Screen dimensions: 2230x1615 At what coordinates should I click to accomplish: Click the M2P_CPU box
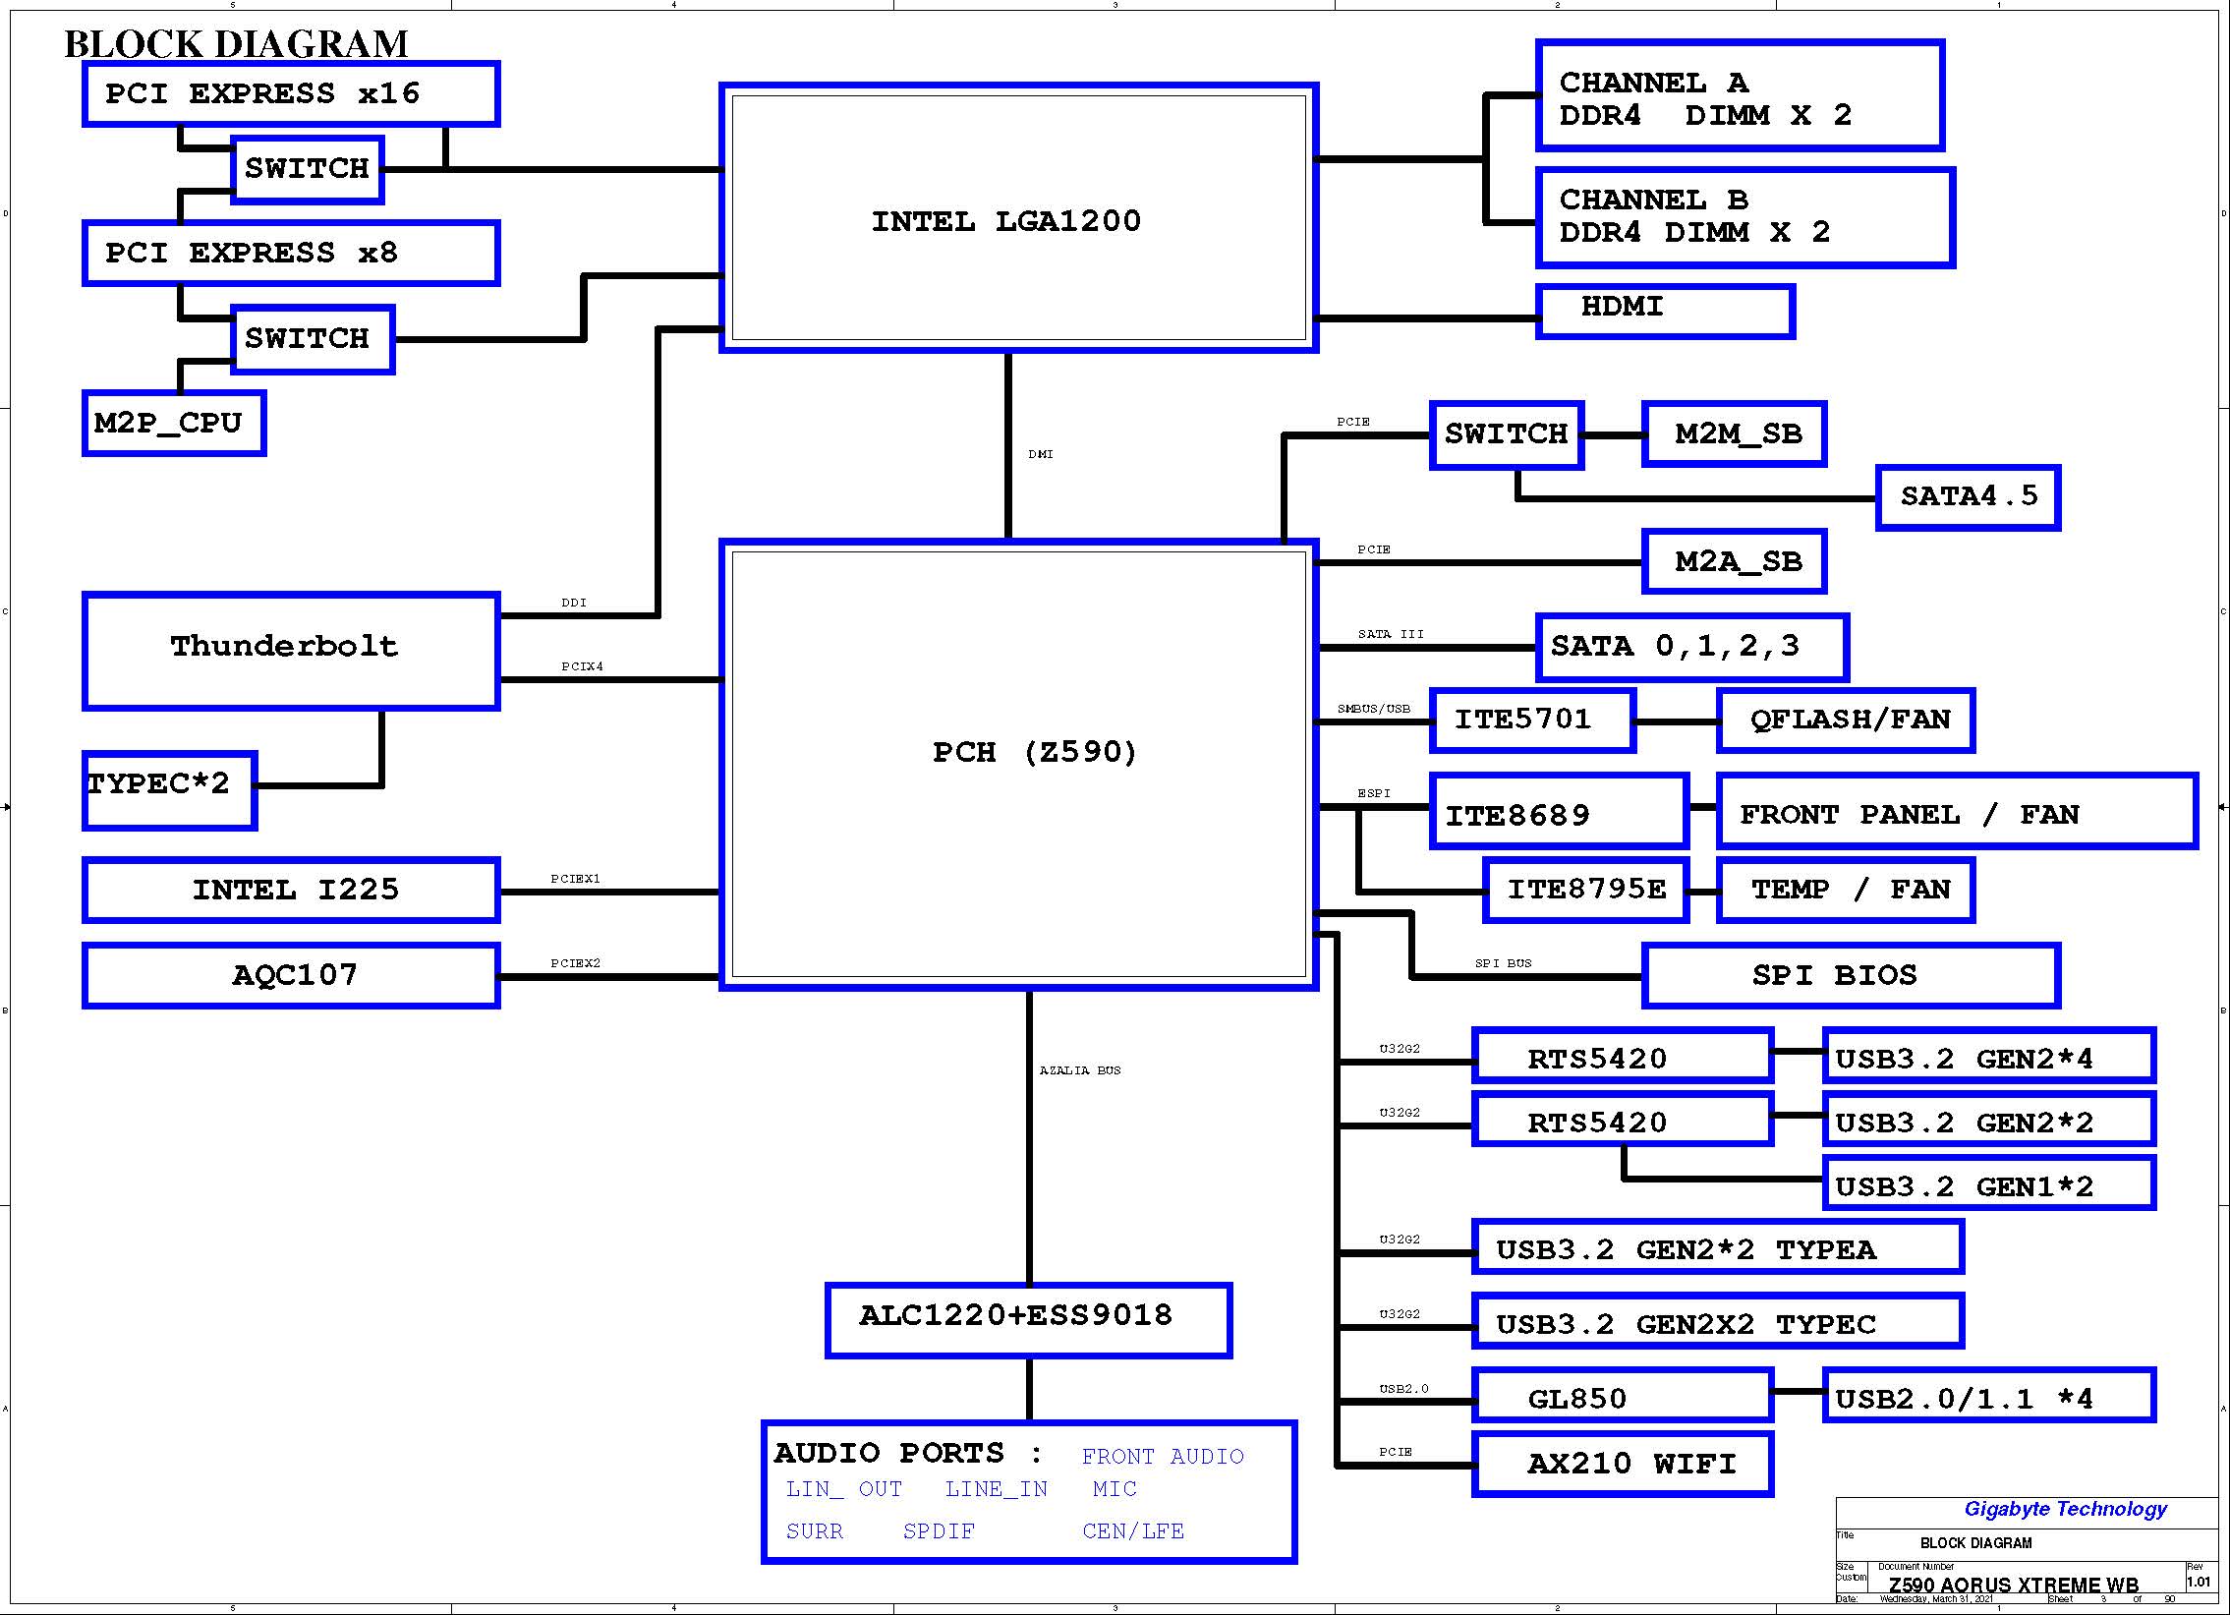coord(174,423)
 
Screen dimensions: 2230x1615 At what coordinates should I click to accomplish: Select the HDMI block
coord(1665,312)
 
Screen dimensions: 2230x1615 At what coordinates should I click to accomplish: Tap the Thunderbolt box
coord(291,651)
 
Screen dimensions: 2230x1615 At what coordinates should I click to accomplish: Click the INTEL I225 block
coord(291,891)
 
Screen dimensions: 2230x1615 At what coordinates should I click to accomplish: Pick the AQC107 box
coord(291,975)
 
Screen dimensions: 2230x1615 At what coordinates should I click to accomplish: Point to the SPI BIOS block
coord(1851,976)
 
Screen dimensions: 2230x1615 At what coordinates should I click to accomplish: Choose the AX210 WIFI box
coord(1623,1464)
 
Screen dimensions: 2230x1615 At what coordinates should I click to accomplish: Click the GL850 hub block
coord(1623,1395)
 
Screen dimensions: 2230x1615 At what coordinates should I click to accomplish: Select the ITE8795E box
coord(1586,891)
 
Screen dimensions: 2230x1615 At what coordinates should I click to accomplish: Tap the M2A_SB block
coord(1734,561)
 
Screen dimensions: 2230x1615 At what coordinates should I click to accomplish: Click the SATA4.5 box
coord(1968,497)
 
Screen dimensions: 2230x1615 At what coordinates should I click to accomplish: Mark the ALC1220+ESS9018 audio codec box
coord(1028,1320)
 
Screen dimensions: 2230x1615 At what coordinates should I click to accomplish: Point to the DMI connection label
coord(1040,454)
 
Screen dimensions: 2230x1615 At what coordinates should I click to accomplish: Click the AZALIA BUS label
coord(1079,1070)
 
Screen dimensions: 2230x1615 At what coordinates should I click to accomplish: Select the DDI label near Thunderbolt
coord(573,603)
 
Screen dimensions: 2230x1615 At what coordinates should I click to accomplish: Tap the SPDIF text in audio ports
coord(939,1531)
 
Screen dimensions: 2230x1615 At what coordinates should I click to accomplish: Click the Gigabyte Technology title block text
coord(2065,1509)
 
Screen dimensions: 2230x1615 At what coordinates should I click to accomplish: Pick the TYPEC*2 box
coord(169,789)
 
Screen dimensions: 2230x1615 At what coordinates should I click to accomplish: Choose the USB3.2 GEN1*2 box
coord(1988,1182)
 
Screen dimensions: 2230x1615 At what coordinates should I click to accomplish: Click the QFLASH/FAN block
coord(1845,720)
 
